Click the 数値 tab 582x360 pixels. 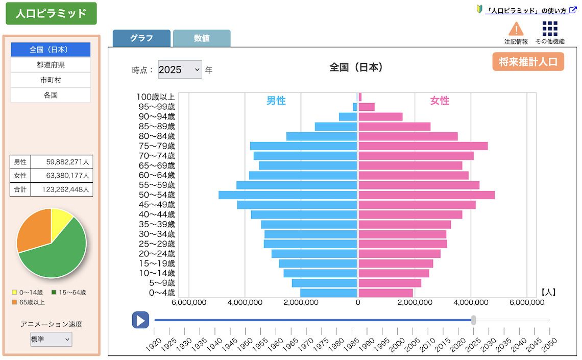(x=202, y=38)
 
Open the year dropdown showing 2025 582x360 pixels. (x=180, y=69)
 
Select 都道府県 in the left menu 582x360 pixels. (x=51, y=65)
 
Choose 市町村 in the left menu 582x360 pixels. (x=51, y=80)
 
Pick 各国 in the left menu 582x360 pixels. (x=51, y=95)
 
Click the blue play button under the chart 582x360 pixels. (x=140, y=320)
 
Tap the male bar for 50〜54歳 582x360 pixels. (x=287, y=195)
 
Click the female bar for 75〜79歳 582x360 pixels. (x=423, y=146)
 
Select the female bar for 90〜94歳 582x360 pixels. (x=380, y=116)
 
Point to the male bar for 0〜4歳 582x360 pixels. (x=328, y=293)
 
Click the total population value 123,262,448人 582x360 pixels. (x=62, y=189)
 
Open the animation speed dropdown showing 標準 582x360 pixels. (x=51, y=340)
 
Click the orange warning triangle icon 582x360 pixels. (x=516, y=29)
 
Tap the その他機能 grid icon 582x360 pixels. (x=550, y=29)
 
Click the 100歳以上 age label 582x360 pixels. (x=156, y=97)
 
